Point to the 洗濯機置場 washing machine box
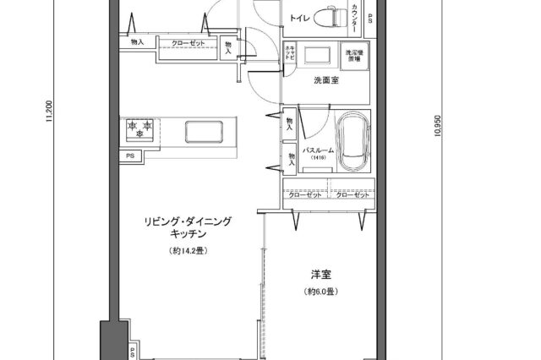click(356, 57)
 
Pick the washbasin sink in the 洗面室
click(319, 56)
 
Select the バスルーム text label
click(318, 150)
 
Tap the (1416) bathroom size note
click(318, 159)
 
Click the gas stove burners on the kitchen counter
click(141, 128)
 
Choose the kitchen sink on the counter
click(204, 130)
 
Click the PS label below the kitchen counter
click(130, 155)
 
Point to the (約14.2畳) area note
click(189, 252)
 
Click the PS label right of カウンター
click(370, 18)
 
